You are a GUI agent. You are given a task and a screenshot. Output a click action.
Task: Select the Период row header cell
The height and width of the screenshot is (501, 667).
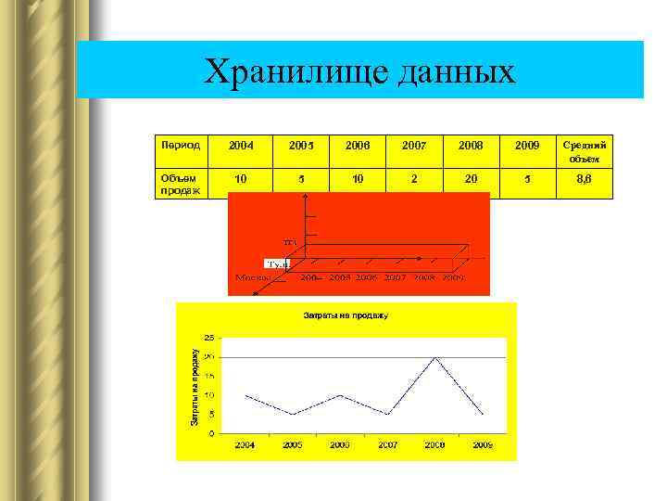click(180, 145)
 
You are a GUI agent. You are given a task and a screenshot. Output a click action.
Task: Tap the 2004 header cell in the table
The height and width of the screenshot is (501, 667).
click(241, 146)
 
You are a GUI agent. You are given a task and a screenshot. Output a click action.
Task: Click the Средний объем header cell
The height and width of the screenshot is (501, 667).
click(585, 151)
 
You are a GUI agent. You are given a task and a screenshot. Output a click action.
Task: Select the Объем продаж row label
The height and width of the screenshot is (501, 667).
click(180, 183)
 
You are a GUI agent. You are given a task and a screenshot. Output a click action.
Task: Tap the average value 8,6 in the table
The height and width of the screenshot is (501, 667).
click(585, 178)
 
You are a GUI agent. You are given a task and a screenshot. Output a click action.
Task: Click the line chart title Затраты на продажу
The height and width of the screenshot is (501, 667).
click(346, 315)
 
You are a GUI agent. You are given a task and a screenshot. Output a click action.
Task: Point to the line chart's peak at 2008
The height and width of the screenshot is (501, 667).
click(435, 357)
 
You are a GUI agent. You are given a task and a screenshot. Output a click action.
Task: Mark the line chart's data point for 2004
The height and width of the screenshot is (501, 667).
click(245, 395)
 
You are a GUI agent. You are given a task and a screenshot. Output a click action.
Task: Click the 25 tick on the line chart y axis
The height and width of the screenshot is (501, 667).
click(210, 338)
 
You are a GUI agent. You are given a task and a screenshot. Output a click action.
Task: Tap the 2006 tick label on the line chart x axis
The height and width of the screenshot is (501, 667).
click(340, 445)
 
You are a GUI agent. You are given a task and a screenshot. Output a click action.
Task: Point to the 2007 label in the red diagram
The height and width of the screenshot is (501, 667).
click(396, 276)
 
